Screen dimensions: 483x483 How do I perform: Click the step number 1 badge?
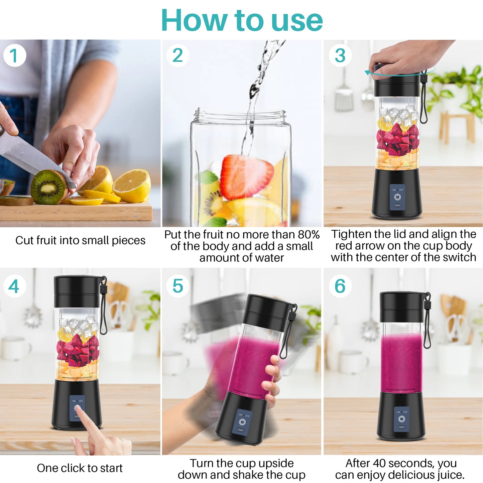14,55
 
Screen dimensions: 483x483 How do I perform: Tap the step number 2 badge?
177,55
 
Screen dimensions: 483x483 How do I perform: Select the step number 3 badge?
340,55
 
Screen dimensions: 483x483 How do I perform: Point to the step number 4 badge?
14,286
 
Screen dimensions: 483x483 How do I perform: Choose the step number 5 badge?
177,286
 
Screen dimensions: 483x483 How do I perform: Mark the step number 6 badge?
340,286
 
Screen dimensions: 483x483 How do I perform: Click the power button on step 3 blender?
397,197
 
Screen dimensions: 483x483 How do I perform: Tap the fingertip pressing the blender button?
78,408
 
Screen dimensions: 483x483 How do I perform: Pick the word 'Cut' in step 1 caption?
24,240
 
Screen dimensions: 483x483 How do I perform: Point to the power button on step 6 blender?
401,419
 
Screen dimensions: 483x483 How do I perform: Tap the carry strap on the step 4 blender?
104,308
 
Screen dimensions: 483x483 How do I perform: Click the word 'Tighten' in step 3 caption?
351,234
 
